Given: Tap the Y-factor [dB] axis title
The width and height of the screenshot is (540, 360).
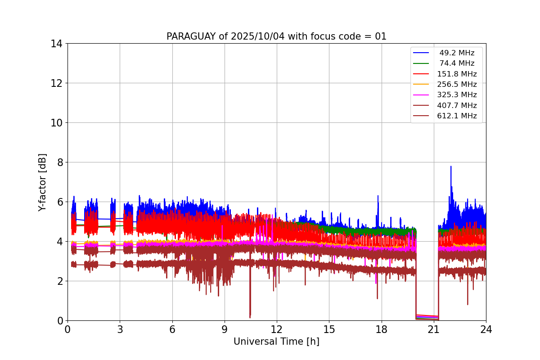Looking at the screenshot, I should [42, 182].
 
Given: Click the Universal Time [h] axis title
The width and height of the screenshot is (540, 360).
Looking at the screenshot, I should [276, 342].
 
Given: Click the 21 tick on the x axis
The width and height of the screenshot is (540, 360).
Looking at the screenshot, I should [433, 329].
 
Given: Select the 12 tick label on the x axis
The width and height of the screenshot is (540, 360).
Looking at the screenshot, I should [276, 329].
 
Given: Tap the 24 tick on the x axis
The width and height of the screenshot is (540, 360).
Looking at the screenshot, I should [486, 329].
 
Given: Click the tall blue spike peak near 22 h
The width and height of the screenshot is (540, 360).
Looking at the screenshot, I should [450, 166].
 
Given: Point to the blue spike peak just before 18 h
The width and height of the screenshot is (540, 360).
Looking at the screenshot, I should [378, 196].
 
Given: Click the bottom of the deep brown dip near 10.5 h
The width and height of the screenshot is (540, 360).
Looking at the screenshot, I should [250, 317].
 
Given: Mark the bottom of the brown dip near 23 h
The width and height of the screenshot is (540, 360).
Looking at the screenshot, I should [468, 304].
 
